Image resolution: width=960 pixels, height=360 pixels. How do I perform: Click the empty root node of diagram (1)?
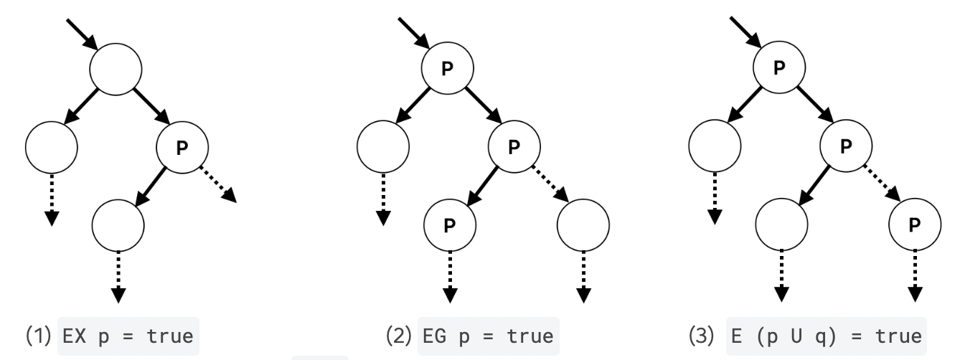click(x=116, y=69)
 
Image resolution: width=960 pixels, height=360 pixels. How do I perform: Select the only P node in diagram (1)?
click(x=182, y=148)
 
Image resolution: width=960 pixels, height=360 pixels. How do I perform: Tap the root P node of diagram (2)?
click(x=448, y=68)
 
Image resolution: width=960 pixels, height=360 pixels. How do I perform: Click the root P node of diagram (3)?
click(x=779, y=67)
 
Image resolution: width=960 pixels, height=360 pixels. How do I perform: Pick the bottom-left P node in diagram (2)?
click(x=450, y=225)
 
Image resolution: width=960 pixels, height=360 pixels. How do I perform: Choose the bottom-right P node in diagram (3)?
click(x=915, y=224)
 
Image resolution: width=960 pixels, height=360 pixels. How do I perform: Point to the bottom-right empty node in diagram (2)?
click(x=583, y=225)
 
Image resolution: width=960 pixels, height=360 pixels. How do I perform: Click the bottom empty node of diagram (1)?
click(x=118, y=225)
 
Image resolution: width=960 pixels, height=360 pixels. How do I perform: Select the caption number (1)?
click(x=39, y=336)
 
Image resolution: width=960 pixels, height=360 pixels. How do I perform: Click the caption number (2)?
click(x=399, y=336)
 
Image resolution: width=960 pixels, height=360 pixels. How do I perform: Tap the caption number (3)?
click(x=702, y=336)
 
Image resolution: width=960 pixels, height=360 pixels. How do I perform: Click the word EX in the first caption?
click(x=74, y=336)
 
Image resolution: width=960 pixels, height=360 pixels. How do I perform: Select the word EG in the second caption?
click(x=434, y=336)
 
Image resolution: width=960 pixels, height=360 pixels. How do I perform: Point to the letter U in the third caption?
click(x=796, y=336)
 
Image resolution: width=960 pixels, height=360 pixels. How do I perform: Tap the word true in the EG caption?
click(x=530, y=336)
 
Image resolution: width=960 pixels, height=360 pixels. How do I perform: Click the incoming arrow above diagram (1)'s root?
click(x=82, y=34)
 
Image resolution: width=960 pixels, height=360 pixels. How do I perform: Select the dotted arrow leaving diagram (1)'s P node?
click(x=217, y=184)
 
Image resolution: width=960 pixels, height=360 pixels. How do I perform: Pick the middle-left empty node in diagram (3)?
click(x=715, y=146)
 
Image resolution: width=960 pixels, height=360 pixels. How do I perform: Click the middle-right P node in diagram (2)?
click(x=514, y=146)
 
